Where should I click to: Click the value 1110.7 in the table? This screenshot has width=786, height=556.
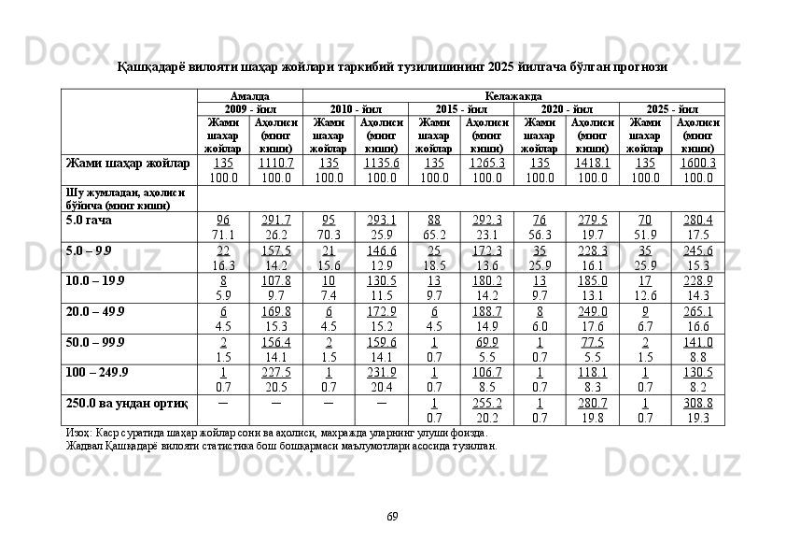click(x=275, y=164)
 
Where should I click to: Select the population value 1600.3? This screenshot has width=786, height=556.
click(x=697, y=164)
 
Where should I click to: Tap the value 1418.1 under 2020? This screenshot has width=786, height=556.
click(x=592, y=164)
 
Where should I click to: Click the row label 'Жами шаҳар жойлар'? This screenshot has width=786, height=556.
click(x=128, y=164)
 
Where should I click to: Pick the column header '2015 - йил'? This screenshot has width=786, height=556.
click(x=460, y=109)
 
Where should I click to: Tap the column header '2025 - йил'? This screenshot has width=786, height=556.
click(x=671, y=109)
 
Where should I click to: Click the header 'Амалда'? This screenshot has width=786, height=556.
click(x=250, y=96)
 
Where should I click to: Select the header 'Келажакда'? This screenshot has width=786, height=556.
click(x=513, y=96)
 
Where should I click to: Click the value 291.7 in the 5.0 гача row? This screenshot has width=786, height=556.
click(x=275, y=221)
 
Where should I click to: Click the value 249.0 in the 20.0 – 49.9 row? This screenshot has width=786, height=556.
click(x=592, y=311)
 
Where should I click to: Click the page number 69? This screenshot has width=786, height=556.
click(x=393, y=516)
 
